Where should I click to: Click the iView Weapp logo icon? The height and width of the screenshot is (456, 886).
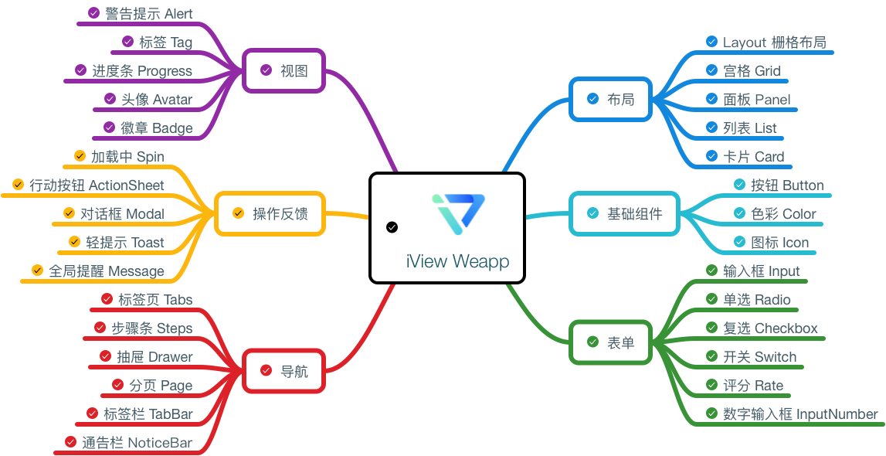point(458,213)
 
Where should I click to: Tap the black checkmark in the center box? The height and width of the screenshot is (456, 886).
point(392,227)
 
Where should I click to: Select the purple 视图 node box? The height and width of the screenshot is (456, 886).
point(283,71)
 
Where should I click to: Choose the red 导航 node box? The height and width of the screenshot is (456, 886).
point(283,371)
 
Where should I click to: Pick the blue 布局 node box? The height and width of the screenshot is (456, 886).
point(610,99)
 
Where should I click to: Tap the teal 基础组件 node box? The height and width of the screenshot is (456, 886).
point(624,213)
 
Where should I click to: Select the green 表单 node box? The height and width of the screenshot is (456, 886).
point(610,342)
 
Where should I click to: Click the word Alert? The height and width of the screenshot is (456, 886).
point(178,14)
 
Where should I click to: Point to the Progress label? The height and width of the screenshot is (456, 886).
point(165,71)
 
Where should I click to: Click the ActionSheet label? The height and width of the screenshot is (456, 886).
point(127,185)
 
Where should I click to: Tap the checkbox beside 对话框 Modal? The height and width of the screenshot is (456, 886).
point(69,213)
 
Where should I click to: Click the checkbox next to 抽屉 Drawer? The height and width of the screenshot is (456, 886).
point(106,356)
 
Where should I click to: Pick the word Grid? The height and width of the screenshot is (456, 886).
point(767,71)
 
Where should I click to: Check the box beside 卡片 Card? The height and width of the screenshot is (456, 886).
point(711,156)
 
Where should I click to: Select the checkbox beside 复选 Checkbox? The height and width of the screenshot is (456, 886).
point(711,328)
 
